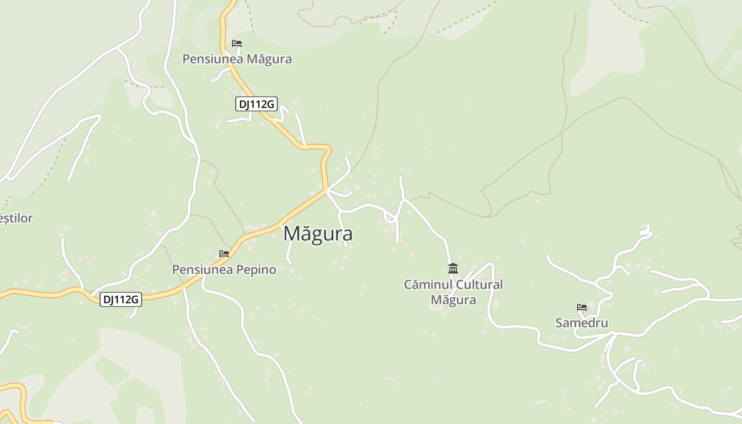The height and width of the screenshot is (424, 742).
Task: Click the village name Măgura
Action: coord(318,234)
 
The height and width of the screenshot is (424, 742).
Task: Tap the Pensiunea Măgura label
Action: coord(237,59)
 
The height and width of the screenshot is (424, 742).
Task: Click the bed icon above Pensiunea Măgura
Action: coord(237,43)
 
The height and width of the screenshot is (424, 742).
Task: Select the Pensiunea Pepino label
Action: coord(224,269)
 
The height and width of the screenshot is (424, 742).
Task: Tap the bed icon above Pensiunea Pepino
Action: coord(224,254)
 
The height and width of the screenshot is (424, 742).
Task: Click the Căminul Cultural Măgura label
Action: coord(453,292)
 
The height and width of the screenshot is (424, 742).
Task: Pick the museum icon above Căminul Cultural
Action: coord(453,268)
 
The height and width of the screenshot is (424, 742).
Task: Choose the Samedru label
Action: coord(581,323)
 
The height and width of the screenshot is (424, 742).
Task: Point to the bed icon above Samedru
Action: coord(582,307)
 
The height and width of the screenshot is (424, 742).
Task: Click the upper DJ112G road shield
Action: coord(257,104)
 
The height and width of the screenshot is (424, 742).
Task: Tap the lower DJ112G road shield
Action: coord(121,299)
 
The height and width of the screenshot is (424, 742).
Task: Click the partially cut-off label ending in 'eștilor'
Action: coord(16,218)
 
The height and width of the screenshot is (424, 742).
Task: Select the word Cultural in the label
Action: coord(476,285)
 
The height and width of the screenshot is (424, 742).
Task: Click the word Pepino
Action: coord(256,269)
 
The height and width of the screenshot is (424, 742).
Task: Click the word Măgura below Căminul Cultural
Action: coord(453,300)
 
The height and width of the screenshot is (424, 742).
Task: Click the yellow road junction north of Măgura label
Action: coord(326,190)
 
